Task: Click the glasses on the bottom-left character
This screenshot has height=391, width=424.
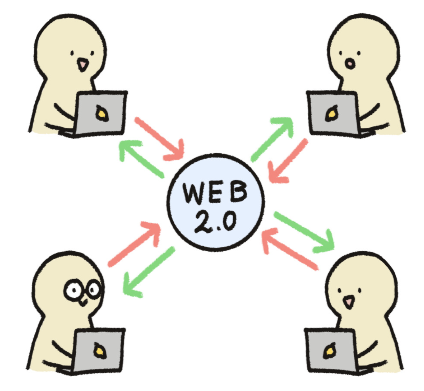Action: (82, 289)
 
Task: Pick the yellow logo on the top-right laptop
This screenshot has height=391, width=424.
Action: (330, 114)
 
